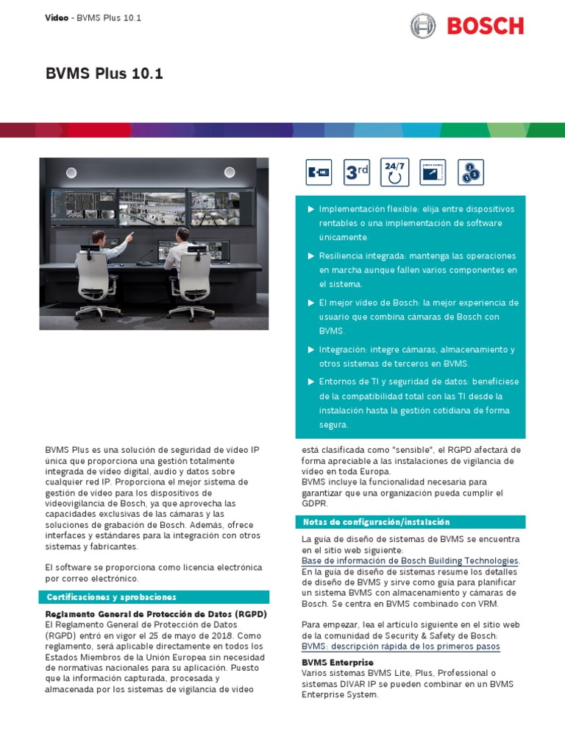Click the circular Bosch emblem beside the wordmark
point(423,27)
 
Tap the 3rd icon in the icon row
point(358,172)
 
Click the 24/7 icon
point(395,172)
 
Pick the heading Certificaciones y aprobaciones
point(112,597)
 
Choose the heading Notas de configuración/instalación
point(377,522)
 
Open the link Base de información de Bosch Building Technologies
point(410,561)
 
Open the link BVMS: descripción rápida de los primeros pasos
point(400,646)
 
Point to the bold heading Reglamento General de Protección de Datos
point(156,614)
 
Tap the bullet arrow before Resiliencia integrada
point(310,256)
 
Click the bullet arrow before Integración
point(310,350)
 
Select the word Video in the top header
point(57,18)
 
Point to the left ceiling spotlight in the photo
point(71,172)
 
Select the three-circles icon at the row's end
point(470,172)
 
